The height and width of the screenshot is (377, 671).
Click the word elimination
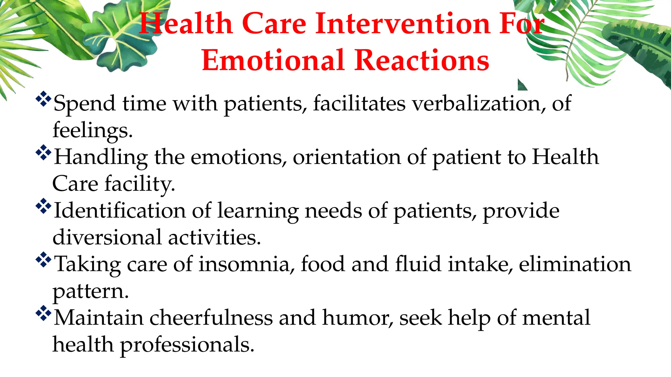click(575, 264)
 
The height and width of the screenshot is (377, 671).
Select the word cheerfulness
click(211, 318)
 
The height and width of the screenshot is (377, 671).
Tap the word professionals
click(187, 345)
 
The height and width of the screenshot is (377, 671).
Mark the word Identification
click(120, 210)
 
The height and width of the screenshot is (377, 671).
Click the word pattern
click(90, 292)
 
